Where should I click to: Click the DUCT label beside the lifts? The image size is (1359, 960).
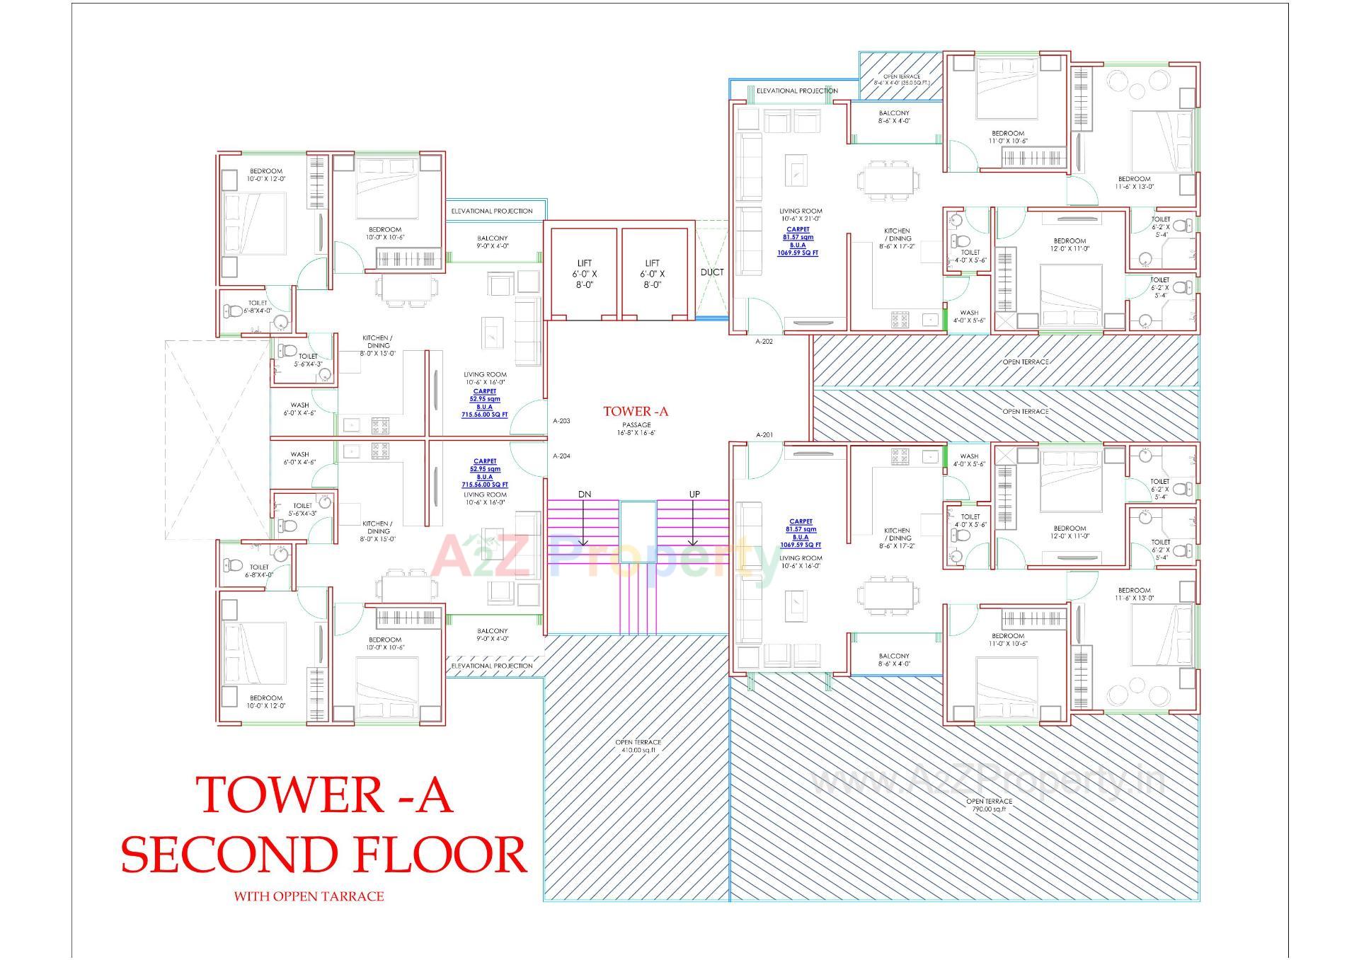point(712,272)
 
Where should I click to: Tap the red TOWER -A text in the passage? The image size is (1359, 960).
point(636,411)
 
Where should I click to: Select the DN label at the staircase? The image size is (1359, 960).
point(584,494)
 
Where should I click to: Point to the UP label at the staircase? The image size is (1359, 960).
point(694,494)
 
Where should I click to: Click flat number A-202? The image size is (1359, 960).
point(764,342)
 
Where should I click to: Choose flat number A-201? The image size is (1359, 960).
point(764,435)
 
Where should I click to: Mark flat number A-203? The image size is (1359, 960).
point(561,421)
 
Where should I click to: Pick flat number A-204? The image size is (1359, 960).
point(561,456)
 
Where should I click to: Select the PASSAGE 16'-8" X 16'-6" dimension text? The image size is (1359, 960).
point(636,429)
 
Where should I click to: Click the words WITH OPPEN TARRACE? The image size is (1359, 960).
point(309,896)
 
